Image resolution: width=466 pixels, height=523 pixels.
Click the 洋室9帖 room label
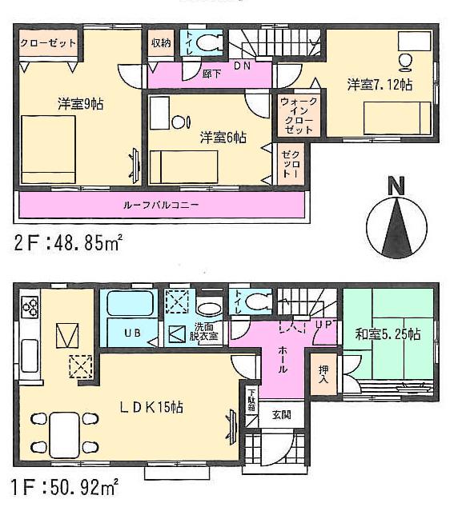(x=81, y=103)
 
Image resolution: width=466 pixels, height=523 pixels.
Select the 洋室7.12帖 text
(x=380, y=83)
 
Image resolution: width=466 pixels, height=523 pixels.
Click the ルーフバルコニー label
(x=161, y=205)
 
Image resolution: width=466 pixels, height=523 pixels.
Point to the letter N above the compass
(x=395, y=186)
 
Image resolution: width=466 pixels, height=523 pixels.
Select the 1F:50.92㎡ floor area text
(x=66, y=485)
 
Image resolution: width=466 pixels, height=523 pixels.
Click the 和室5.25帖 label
(x=390, y=334)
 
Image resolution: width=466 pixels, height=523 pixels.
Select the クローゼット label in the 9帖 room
(x=48, y=42)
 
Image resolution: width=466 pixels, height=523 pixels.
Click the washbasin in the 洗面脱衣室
(x=211, y=309)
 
